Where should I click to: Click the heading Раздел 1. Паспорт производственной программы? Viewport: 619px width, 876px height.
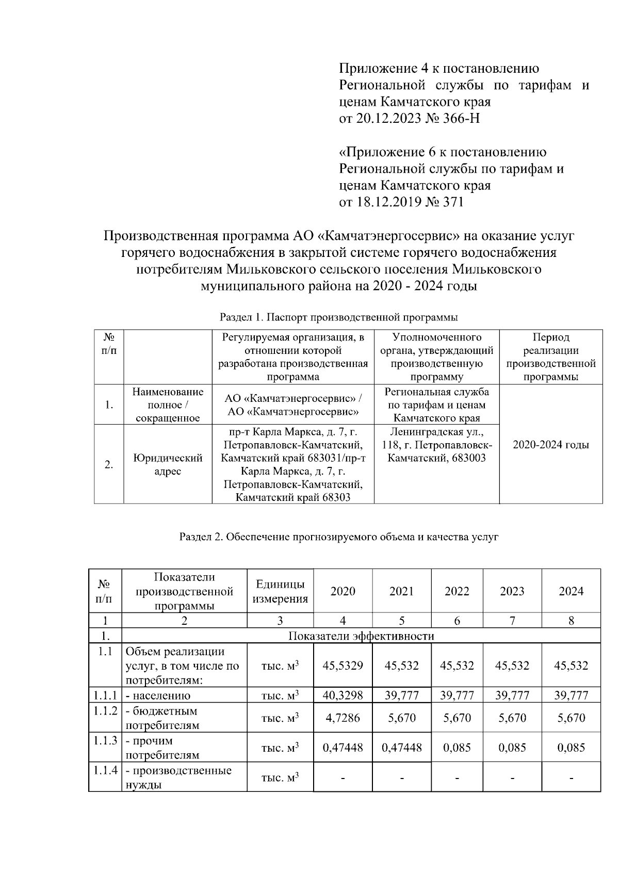click(339, 317)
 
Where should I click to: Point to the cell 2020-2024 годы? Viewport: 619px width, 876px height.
click(551, 445)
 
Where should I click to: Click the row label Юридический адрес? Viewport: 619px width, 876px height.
click(168, 464)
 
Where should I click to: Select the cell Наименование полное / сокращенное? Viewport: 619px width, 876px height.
click(168, 405)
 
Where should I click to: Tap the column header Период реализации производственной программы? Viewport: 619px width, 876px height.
click(551, 357)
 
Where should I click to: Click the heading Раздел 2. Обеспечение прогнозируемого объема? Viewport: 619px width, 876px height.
click(339, 537)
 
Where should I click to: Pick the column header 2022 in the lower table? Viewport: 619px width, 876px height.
click(457, 591)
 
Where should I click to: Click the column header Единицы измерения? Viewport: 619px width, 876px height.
click(280, 591)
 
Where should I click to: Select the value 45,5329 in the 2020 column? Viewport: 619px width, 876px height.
click(343, 666)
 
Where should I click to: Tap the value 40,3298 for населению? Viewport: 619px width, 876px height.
click(343, 695)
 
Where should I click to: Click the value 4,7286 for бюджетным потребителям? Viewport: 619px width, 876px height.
click(343, 718)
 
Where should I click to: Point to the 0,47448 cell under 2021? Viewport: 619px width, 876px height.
click(402, 748)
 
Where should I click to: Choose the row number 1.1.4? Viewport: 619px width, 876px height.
click(105, 771)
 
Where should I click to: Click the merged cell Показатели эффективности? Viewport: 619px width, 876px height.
click(361, 636)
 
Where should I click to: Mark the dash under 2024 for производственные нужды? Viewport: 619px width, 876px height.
click(571, 777)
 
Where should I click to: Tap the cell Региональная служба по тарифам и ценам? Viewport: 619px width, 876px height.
click(436, 405)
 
